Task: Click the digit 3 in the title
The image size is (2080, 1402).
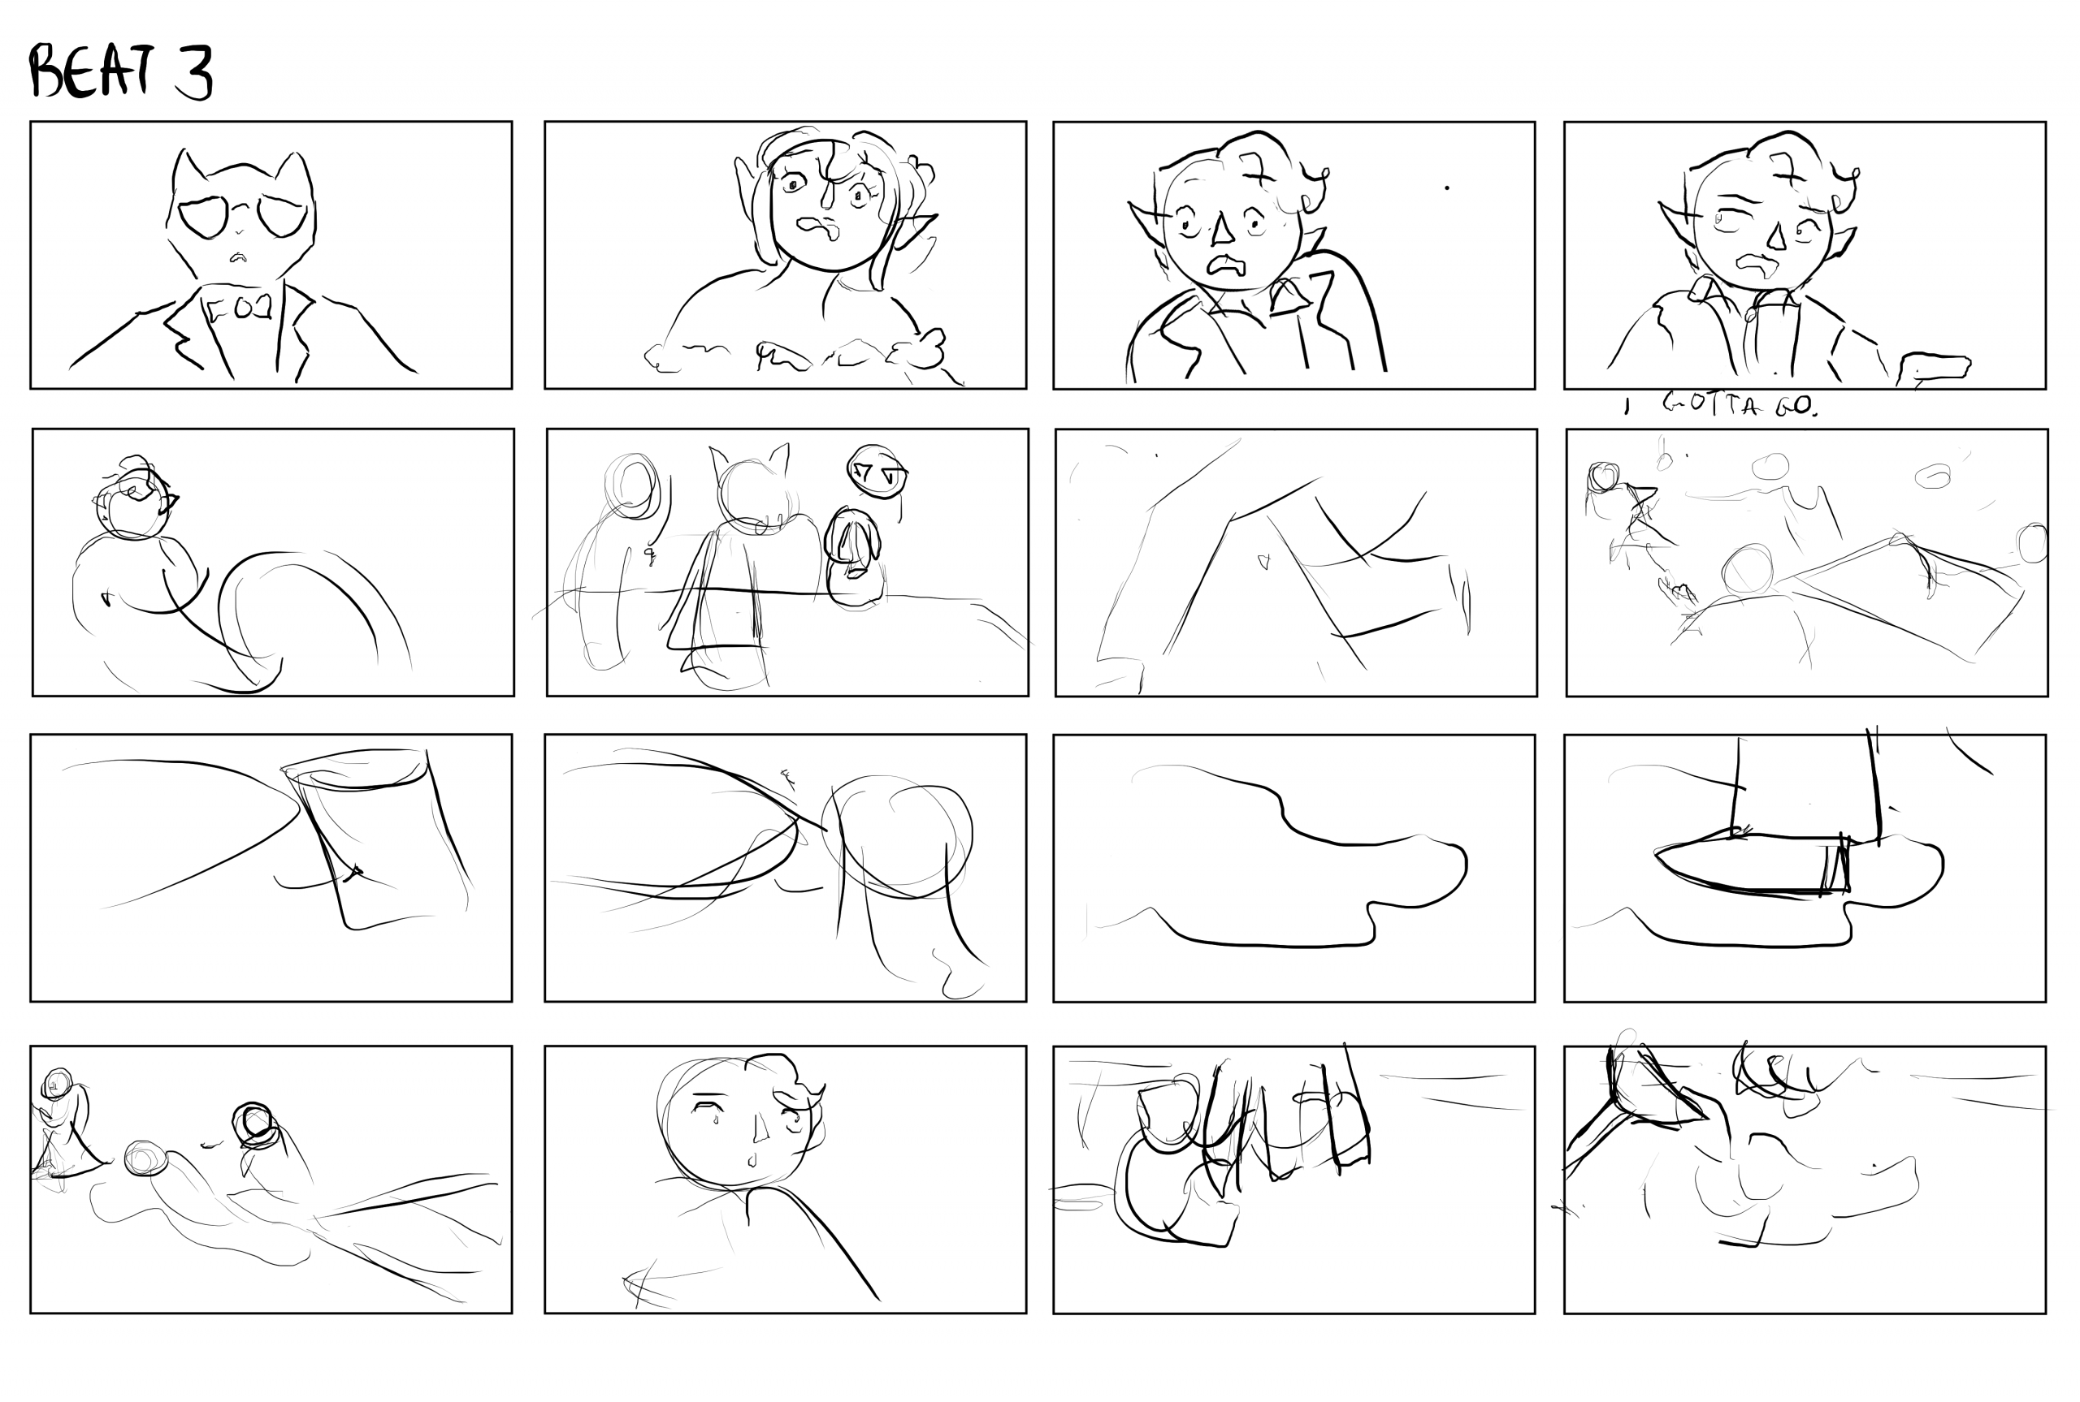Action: (x=193, y=73)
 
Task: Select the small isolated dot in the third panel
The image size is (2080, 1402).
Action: (x=1446, y=188)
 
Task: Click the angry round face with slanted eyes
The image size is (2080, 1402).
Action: (x=877, y=470)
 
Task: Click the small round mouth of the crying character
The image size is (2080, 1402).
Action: (x=751, y=1162)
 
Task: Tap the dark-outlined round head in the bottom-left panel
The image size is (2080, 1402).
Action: (x=255, y=1125)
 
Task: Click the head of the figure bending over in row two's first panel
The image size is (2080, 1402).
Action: (x=134, y=501)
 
